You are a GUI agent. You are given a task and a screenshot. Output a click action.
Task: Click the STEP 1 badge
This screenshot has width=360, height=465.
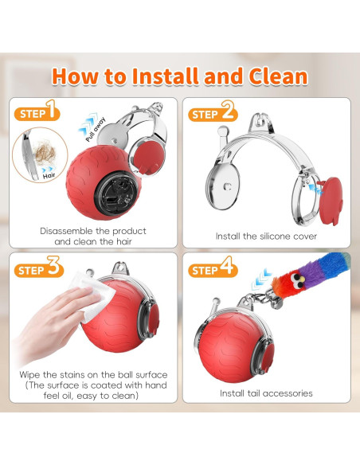37,113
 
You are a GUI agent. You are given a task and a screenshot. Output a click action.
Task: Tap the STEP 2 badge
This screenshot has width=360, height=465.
213,114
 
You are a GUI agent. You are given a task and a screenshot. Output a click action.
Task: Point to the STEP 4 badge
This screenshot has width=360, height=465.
213,268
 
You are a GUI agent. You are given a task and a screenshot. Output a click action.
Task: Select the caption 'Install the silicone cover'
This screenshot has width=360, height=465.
266,236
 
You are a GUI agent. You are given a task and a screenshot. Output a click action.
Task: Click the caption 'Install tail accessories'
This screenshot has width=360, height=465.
267,393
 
